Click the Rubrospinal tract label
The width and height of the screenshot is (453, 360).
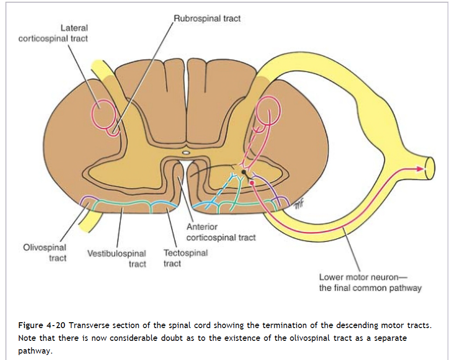pos(207,19)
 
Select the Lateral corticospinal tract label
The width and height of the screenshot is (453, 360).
pos(53,33)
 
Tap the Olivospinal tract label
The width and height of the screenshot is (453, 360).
pos(45,253)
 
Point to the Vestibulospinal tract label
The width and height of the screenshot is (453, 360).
pos(117,259)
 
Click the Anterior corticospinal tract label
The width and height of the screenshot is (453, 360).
pos(221,232)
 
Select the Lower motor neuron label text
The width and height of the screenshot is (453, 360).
pos(370,282)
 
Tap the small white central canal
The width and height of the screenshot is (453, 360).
pos(186,153)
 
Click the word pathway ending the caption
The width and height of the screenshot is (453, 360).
pos(34,351)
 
